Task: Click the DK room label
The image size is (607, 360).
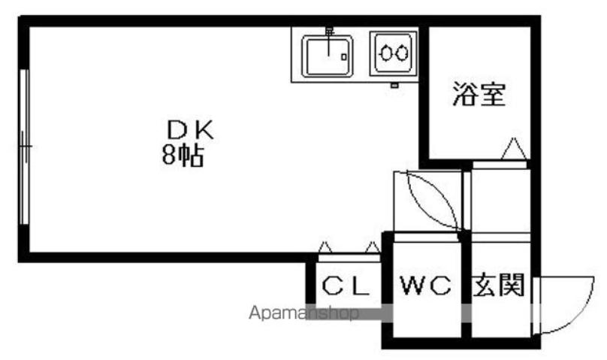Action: [190, 130]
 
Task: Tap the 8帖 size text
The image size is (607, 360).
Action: [183, 156]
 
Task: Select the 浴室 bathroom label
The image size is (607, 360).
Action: [479, 94]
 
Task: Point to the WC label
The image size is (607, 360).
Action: [426, 286]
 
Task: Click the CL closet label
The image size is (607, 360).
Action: [346, 286]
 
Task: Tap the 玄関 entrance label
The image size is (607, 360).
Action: [499, 285]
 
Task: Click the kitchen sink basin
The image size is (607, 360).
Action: [328, 56]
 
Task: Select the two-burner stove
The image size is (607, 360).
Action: [394, 53]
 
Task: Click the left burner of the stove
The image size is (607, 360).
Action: [385, 53]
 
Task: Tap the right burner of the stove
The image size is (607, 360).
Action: [401, 53]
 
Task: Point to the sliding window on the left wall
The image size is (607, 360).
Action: [24, 147]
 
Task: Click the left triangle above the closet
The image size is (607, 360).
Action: [325, 247]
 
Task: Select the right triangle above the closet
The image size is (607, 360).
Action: [373, 247]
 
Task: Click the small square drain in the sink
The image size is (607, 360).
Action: [344, 57]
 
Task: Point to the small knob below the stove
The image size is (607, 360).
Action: [394, 85]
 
